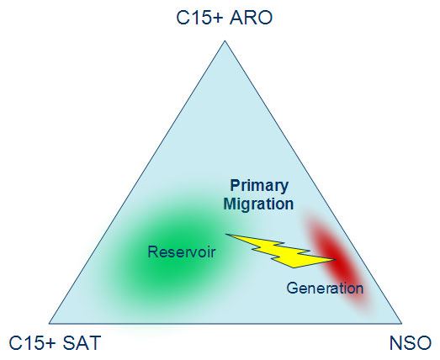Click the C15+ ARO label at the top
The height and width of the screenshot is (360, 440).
[x=225, y=18]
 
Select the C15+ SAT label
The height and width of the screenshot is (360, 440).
[x=55, y=342]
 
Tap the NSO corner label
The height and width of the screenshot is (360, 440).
[x=411, y=342]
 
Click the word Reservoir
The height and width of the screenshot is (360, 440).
[x=182, y=251]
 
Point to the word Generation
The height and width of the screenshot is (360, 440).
[x=325, y=288]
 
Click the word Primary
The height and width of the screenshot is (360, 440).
[x=259, y=186]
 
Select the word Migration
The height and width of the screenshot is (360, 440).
[x=258, y=204]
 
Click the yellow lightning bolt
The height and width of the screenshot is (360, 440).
[x=281, y=251]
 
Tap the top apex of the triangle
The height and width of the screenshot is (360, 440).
[x=225, y=41]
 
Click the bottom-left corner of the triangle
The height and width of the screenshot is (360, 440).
[x=49, y=324]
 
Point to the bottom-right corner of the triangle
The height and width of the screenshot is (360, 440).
[x=401, y=324]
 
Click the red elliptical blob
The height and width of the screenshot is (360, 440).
[x=337, y=261]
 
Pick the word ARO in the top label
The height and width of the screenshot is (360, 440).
[x=251, y=18]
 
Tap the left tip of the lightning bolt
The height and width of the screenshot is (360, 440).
[x=226, y=234]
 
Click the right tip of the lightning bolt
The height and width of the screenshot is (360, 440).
[x=337, y=260]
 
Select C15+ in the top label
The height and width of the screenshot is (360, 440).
[x=199, y=18]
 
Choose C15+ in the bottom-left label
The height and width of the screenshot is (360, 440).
[x=33, y=342]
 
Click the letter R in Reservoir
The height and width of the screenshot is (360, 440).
[x=152, y=251]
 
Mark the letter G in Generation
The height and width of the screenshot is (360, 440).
[x=292, y=289]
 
